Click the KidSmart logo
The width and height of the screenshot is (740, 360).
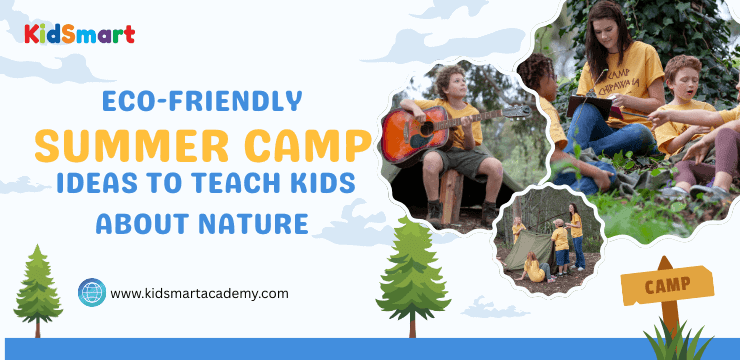79,34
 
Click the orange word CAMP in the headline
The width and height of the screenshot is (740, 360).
306,146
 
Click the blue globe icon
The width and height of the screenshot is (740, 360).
91,292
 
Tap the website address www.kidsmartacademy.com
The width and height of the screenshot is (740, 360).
199,293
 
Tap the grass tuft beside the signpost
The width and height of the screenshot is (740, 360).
679,340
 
